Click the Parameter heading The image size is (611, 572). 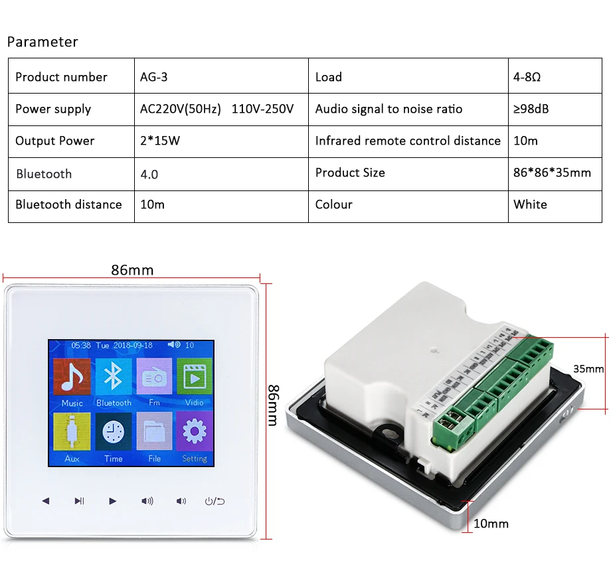(43, 42)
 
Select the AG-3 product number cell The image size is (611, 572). (154, 77)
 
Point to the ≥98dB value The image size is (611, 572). (531, 109)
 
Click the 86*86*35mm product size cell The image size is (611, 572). (552, 173)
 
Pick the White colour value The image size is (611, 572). (530, 204)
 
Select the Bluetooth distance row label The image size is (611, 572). (68, 204)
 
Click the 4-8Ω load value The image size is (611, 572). (527, 77)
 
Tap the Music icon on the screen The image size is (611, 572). (72, 377)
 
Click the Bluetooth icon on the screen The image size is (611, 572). (113, 377)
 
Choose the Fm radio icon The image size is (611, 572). (154, 377)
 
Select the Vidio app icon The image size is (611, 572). (195, 377)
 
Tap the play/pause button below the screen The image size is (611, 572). (79, 501)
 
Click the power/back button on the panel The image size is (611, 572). (215, 501)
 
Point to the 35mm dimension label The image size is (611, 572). (588, 369)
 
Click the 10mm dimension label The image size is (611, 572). (491, 524)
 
